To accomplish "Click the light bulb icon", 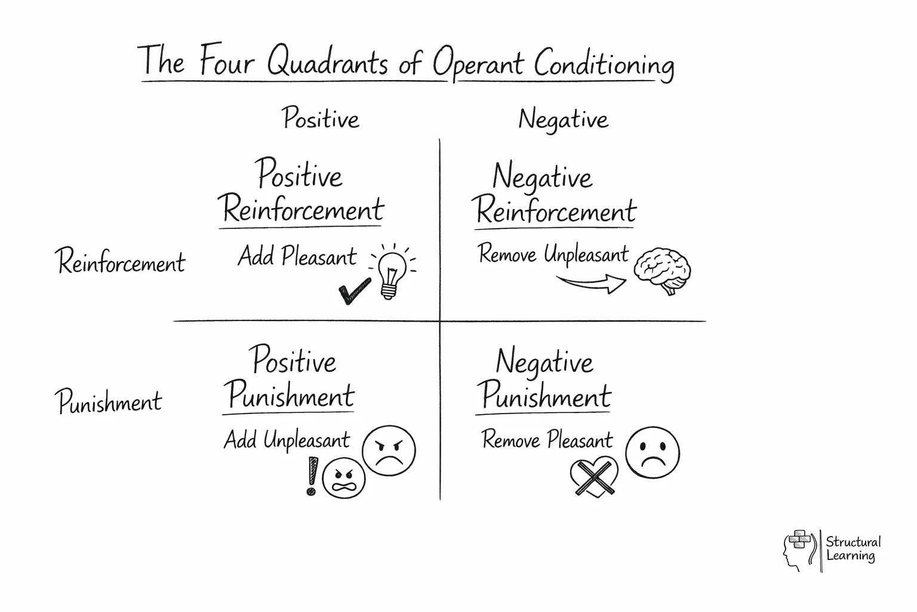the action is pyautogui.click(x=392, y=272).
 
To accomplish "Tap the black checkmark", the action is pyautogui.click(x=354, y=291).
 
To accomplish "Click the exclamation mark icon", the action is pyautogui.click(x=311, y=476).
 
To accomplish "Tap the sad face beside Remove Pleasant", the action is pyautogui.click(x=652, y=452).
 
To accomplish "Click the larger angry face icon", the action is pyautogui.click(x=389, y=450).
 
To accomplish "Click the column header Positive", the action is pyautogui.click(x=321, y=118).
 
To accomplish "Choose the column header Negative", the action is pyautogui.click(x=563, y=120).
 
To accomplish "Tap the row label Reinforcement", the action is pyautogui.click(x=121, y=262).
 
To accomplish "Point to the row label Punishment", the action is pyautogui.click(x=109, y=401).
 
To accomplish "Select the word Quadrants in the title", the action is pyautogui.click(x=327, y=62).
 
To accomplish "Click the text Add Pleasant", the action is pyautogui.click(x=297, y=256).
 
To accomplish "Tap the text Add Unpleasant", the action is pyautogui.click(x=287, y=440).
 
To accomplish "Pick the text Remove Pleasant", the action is pyautogui.click(x=547, y=440).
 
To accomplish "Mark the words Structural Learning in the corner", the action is pyautogui.click(x=853, y=549).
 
